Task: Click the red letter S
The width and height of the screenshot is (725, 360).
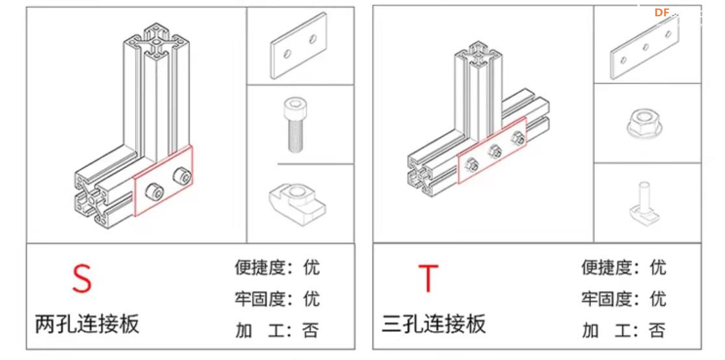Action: (81, 278)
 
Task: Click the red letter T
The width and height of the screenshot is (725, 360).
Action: (428, 278)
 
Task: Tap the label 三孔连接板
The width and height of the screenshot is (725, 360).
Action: (434, 323)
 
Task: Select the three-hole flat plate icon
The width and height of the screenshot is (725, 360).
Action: (644, 47)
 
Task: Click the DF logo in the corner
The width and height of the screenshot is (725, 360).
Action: (661, 12)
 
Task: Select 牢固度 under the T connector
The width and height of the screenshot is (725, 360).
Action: (607, 299)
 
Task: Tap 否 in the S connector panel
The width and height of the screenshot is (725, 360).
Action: (311, 330)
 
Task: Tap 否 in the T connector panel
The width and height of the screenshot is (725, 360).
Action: (657, 330)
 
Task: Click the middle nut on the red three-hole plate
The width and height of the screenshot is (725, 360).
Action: (494, 151)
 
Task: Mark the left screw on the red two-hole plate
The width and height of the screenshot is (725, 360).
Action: (154, 190)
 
